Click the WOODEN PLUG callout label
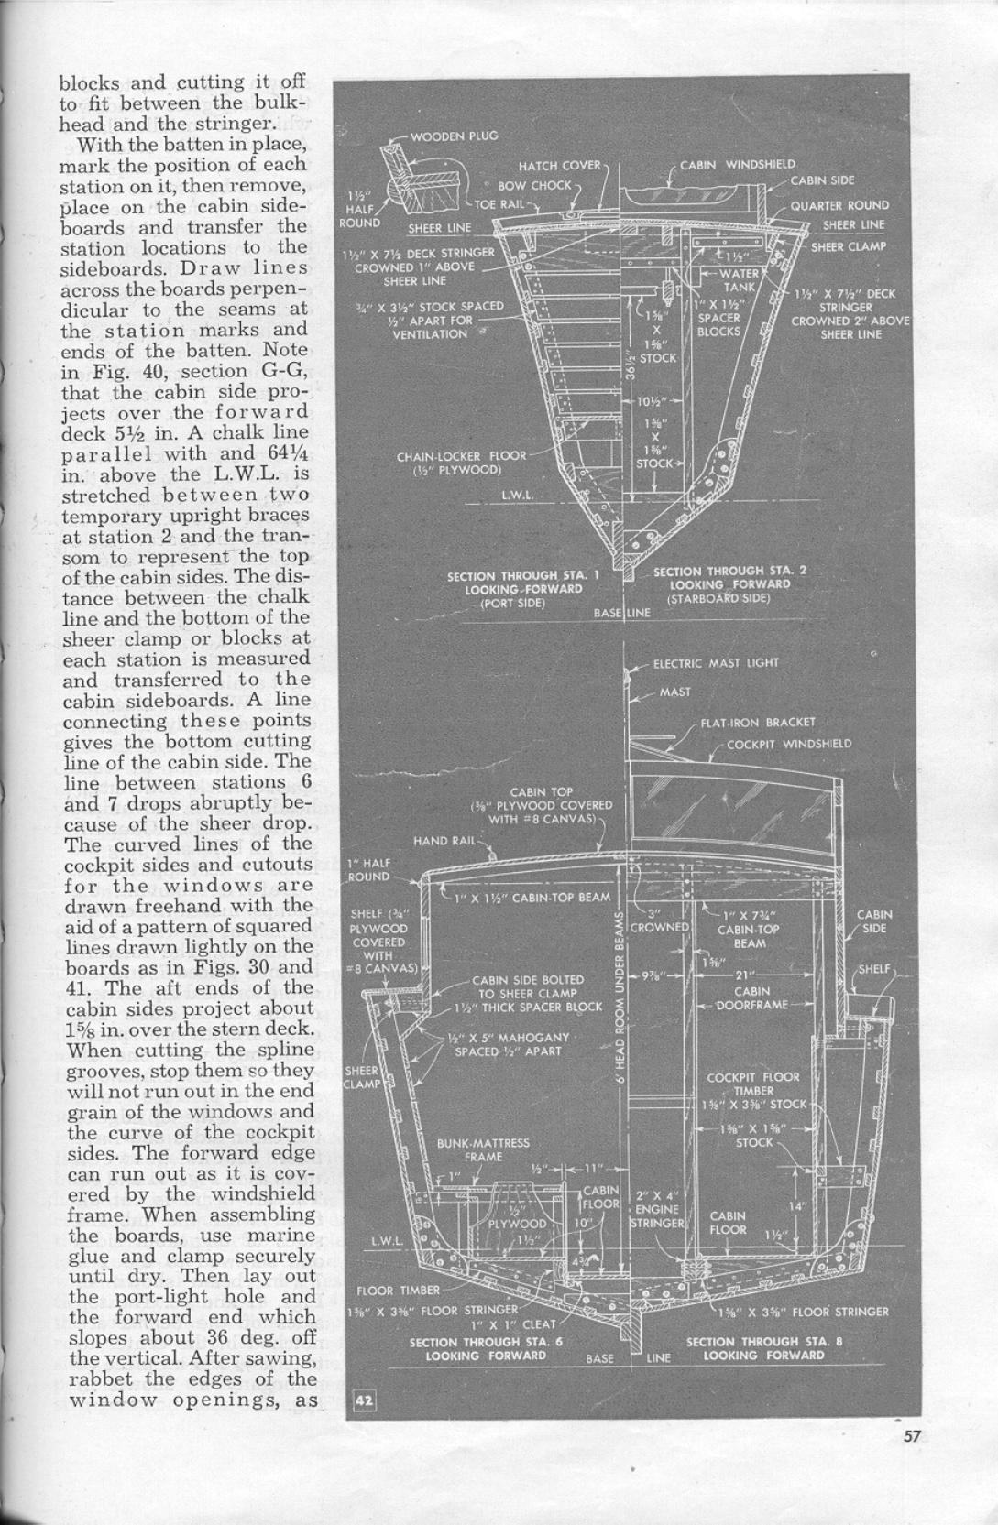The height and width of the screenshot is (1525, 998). [454, 136]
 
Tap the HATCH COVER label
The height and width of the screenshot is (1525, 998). [559, 166]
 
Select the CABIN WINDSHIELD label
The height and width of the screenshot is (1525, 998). [737, 165]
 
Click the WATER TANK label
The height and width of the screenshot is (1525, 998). [739, 280]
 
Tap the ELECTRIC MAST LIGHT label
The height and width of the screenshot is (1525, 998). [716, 663]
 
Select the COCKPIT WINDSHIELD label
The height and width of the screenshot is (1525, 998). [788, 744]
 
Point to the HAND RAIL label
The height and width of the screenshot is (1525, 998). [444, 841]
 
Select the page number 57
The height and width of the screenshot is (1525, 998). [911, 1436]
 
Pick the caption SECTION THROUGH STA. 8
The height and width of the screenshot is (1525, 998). [763, 1348]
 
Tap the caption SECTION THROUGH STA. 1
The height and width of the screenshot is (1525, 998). [523, 583]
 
